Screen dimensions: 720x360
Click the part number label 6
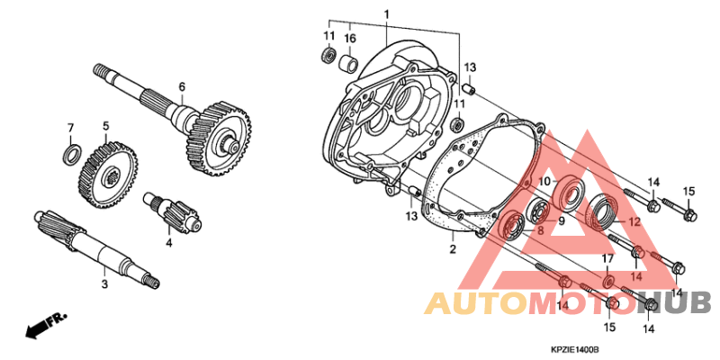tap(182, 86)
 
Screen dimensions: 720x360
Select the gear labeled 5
tap(108, 175)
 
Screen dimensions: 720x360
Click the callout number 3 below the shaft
tap(104, 284)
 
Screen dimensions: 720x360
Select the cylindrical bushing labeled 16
tap(348, 63)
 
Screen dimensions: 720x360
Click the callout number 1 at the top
tap(386, 14)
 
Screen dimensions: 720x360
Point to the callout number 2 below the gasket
tap(453, 249)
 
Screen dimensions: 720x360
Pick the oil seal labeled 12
tap(603, 211)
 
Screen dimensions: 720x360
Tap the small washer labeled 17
tap(609, 280)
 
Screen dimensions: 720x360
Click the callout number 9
tap(562, 221)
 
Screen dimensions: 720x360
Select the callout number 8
tap(541, 231)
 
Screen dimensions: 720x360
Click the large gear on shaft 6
tap(219, 139)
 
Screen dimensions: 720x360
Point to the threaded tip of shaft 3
tap(152, 281)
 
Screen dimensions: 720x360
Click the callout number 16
tap(350, 38)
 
